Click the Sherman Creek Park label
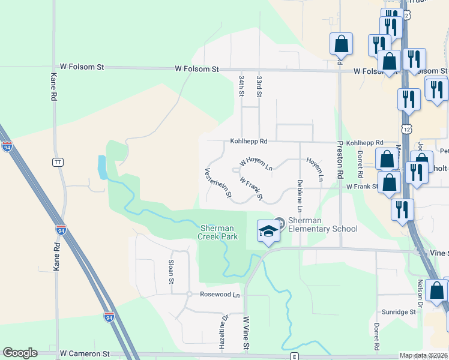tap(218, 232)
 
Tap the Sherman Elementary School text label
tap(322, 224)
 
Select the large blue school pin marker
tap(268, 232)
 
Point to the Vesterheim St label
tap(218, 183)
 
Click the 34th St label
tap(241, 86)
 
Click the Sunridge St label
tap(399, 312)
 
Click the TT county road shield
tap(58, 162)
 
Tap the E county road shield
tap(294, 356)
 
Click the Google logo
tap(20, 353)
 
